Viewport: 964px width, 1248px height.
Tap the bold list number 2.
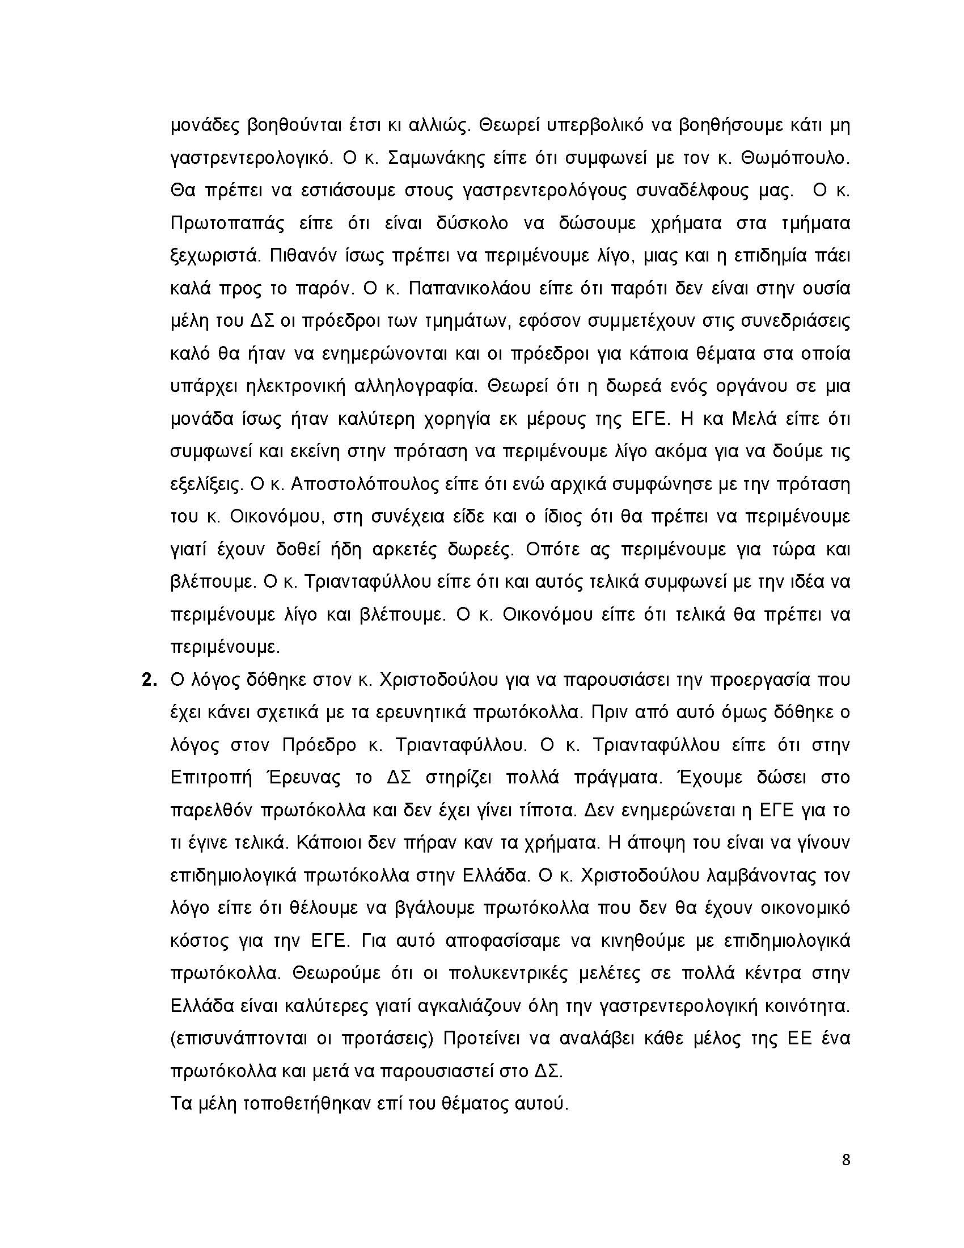tap(149, 680)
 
